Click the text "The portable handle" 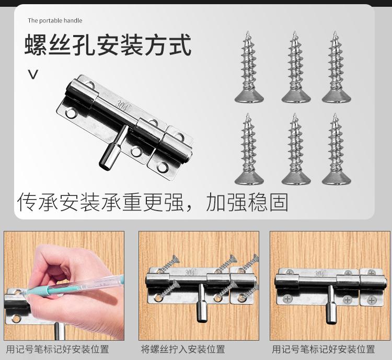pos(55,20)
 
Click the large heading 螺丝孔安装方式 pos(108,45)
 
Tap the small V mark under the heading pos(33,75)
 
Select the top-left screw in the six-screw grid pos(249,67)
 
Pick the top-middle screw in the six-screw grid pos(296,67)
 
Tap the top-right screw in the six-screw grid pos(336,67)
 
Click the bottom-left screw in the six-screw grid pos(249,149)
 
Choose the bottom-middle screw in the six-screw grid pos(296,149)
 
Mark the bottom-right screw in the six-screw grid pos(336,149)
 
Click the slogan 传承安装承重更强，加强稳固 pos(153,202)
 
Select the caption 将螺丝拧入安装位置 pos(183,349)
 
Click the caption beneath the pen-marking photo pos(57,349)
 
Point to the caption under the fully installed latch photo pos(323,349)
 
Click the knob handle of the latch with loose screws pos(202,303)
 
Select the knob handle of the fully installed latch pos(331,305)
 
